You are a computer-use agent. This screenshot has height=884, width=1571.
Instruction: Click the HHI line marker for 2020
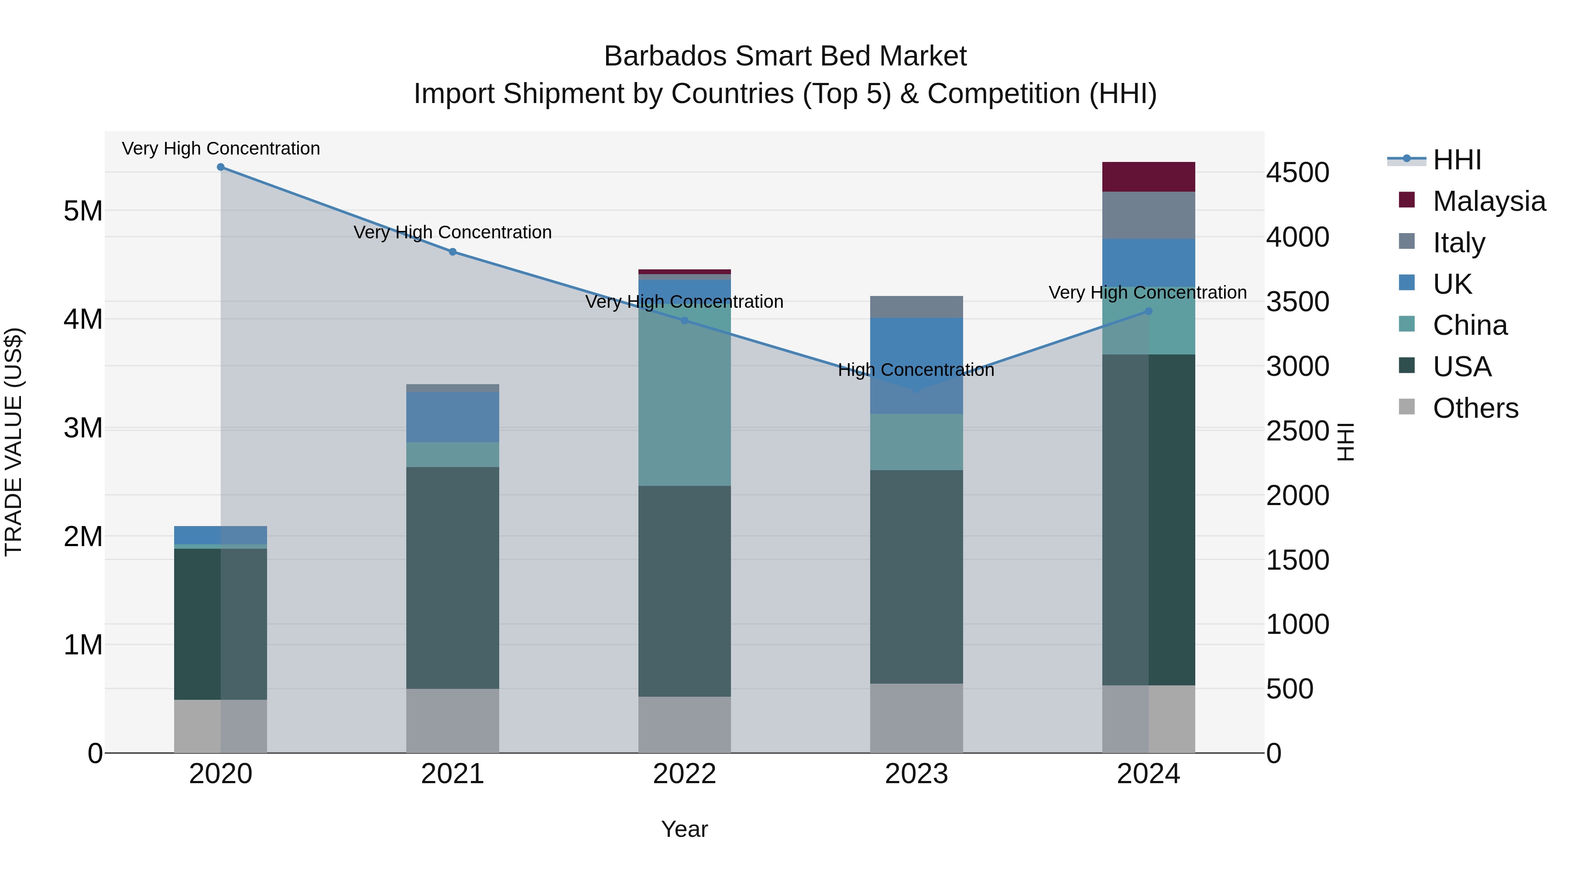(x=221, y=167)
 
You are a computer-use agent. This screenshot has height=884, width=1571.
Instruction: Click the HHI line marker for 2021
(x=453, y=252)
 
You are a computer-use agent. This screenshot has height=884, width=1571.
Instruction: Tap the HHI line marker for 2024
(x=1149, y=311)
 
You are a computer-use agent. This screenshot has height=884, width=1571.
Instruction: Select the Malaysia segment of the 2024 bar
(x=1149, y=177)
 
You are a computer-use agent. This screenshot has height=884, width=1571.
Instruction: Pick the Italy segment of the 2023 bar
(x=916, y=307)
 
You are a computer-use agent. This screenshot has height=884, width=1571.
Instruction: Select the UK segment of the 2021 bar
(x=453, y=417)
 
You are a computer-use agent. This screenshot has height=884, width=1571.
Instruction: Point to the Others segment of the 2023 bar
(x=916, y=718)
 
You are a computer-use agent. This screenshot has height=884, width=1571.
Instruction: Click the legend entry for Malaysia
(x=1488, y=201)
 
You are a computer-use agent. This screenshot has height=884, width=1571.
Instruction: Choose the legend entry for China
(x=1469, y=325)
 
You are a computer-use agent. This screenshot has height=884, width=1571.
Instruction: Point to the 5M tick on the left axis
(x=83, y=211)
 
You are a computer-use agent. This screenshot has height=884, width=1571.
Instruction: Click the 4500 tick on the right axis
(x=1297, y=172)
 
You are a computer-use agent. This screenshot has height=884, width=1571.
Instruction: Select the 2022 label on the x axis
(x=684, y=774)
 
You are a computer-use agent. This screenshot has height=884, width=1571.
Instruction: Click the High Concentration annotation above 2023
(x=916, y=370)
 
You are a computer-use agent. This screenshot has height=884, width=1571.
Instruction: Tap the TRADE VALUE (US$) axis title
(x=14, y=442)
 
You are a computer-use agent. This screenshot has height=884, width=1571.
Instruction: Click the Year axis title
(x=684, y=829)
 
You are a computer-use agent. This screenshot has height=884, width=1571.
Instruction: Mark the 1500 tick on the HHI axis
(x=1297, y=560)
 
